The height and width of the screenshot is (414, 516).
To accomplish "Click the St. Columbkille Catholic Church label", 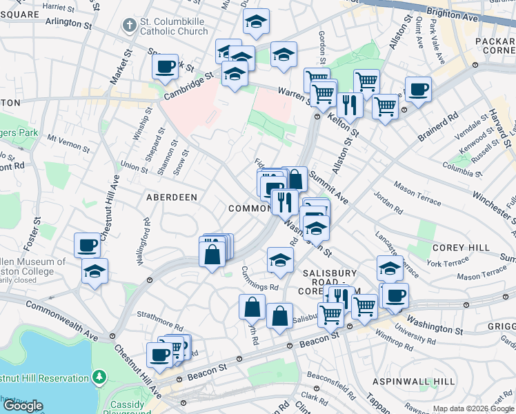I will tap(173, 26).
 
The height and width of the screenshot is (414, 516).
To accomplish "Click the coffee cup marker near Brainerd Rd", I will tap(418, 90).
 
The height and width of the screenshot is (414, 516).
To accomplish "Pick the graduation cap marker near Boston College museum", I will tap(95, 272).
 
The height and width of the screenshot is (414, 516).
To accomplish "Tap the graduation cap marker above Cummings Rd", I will tap(280, 260).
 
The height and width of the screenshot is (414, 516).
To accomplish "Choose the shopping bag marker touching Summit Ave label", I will tap(295, 180).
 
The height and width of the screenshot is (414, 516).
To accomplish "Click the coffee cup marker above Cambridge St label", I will tap(166, 68).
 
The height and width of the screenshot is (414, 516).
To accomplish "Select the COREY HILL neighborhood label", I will tap(461, 248).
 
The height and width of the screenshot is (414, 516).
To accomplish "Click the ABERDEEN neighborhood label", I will tap(172, 197).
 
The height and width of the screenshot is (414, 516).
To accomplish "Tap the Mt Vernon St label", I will tap(68, 143).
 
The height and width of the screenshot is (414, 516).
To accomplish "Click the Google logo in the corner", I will tap(23, 406).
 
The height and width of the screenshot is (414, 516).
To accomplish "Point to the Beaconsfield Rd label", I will tap(330, 376).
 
